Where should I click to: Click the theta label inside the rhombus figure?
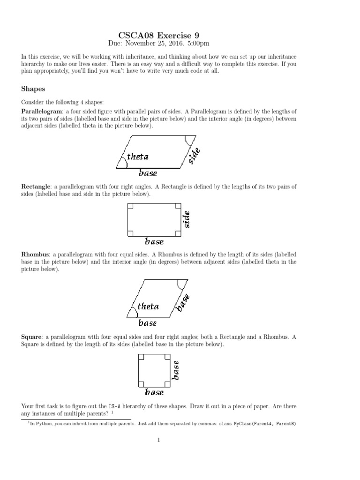click(148, 307)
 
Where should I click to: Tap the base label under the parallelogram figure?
click(148, 173)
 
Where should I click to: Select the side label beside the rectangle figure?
click(186, 219)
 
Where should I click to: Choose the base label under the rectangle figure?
click(154, 242)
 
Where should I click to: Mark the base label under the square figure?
click(154, 392)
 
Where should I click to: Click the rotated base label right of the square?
click(176, 369)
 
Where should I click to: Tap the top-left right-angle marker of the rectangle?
click(131, 206)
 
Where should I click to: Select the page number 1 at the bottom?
click(159, 440)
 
